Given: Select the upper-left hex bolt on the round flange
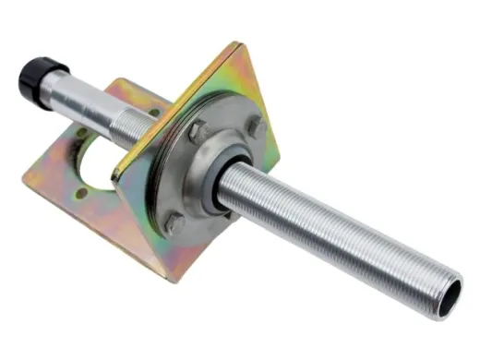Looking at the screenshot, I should pos(197,132).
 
